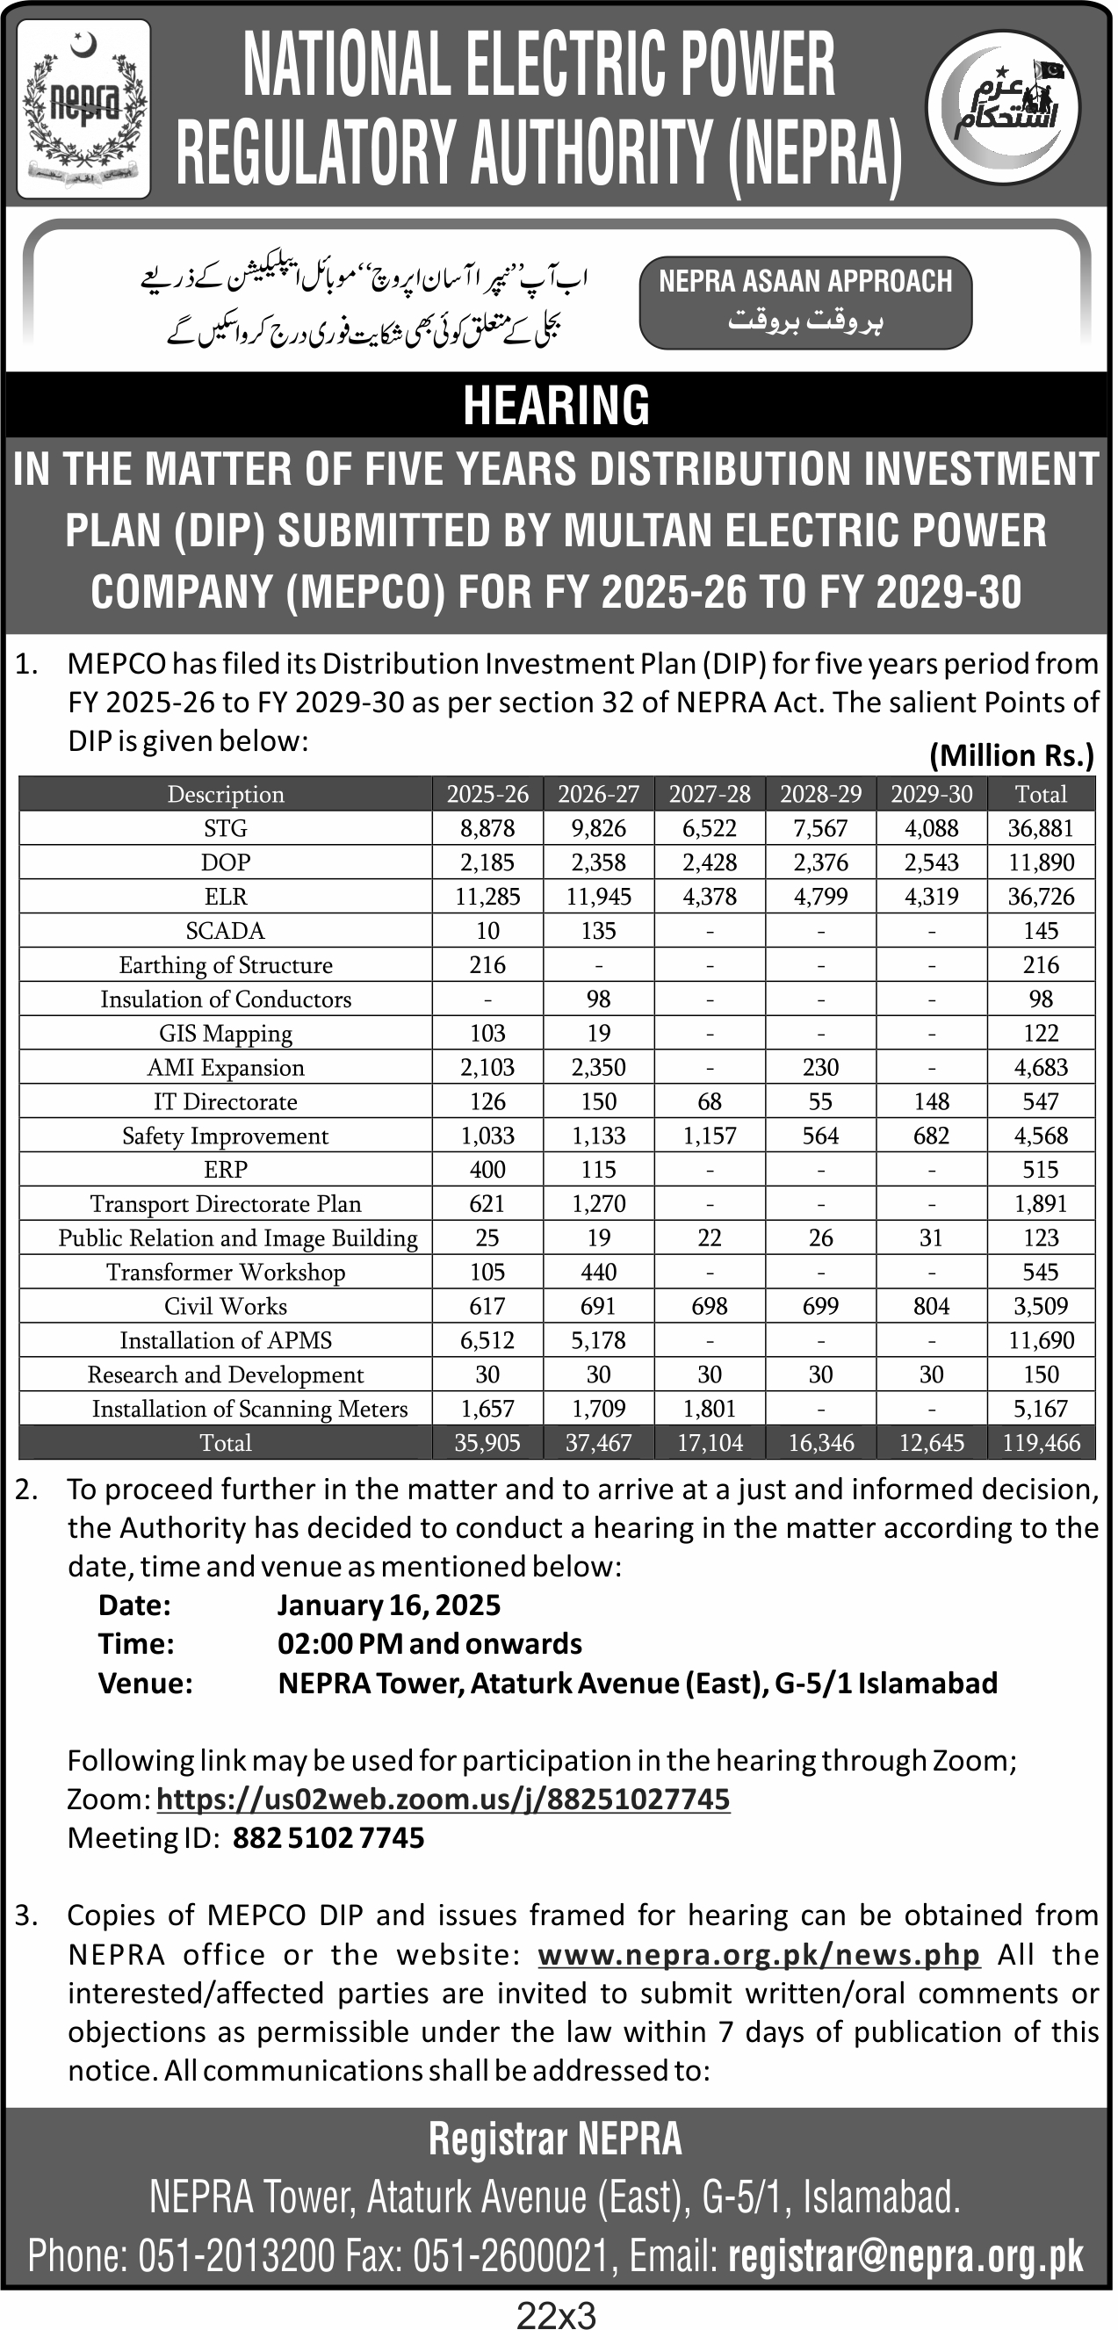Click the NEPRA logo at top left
83,109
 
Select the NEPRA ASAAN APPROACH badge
805,303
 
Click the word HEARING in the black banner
556,405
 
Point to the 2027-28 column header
709,794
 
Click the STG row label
225,828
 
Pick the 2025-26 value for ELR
487,897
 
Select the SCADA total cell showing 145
1040,931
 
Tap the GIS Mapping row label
225,1034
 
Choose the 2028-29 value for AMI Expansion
820,1067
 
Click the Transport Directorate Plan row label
225,1204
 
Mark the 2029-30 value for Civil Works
931,1306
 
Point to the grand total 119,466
1040,1443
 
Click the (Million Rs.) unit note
1011,755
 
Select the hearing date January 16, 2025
389,1605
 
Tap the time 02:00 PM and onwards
429,1643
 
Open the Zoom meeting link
444,1799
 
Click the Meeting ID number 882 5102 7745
328,1838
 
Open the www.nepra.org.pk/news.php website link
759,1955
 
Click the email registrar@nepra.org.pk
905,2257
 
